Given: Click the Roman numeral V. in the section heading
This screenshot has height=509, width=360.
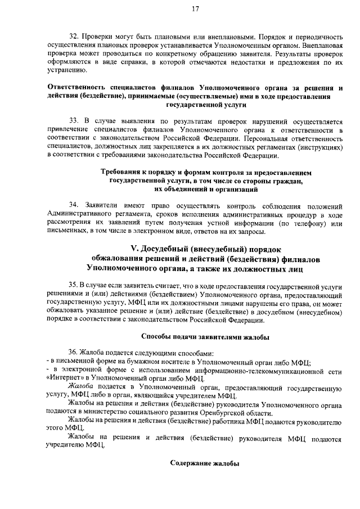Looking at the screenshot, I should coord(134,249).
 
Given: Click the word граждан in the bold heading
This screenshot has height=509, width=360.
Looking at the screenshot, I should coord(287,181).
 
